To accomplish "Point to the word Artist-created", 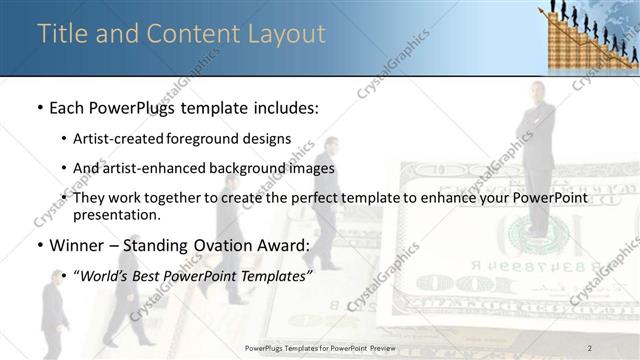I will [x=119, y=138].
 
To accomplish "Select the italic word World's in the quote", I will [x=103, y=275].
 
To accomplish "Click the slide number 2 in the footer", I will [x=590, y=347].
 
